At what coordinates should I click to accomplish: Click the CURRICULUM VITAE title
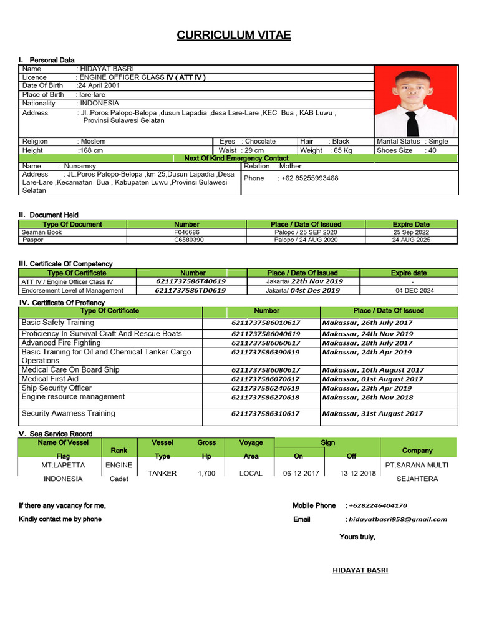point(234,35)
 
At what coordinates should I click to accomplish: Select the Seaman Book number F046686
point(186,232)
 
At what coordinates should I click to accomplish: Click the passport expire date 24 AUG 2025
point(411,240)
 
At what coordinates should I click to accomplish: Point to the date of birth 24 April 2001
point(99,85)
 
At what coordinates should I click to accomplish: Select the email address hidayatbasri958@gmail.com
point(398,519)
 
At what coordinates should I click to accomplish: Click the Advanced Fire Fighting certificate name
point(61,343)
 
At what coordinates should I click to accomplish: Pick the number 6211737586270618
point(266,398)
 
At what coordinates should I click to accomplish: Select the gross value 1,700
point(206,474)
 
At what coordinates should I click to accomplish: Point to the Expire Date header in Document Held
point(411,224)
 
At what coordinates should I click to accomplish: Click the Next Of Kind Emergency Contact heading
point(236,159)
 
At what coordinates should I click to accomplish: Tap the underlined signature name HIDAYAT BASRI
point(360,570)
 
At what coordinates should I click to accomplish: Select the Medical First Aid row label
point(50,379)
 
